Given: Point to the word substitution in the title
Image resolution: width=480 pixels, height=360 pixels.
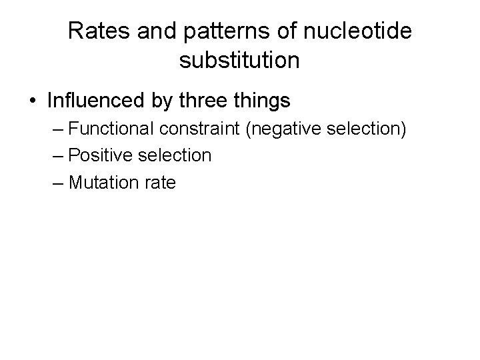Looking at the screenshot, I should pos(239,61).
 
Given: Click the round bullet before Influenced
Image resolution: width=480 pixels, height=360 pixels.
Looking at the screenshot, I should pos(33,101).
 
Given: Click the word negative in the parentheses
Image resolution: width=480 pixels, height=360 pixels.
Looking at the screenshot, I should pos(281,129).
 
